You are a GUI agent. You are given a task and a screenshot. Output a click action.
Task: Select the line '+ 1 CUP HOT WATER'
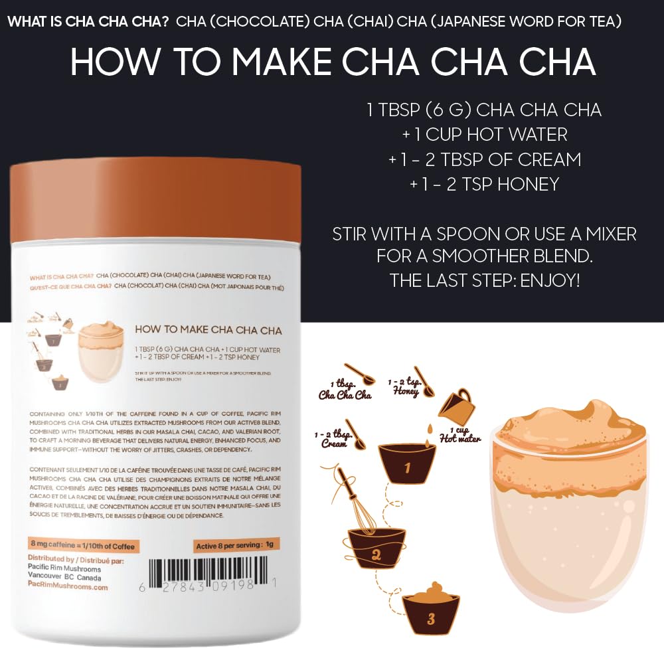tap(485, 135)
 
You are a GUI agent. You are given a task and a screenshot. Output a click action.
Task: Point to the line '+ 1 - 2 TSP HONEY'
tap(485, 184)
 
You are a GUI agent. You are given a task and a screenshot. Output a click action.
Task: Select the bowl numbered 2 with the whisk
tap(376, 548)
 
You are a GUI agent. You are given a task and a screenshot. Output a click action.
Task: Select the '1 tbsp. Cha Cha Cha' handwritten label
tap(345, 390)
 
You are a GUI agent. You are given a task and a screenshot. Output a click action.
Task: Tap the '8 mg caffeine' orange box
tap(84, 546)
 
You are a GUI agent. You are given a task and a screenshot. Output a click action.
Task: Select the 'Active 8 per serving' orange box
tap(235, 546)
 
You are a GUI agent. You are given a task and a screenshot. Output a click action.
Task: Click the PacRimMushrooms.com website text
tap(68, 587)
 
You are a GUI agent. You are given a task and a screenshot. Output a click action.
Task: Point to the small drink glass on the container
tap(99, 349)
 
